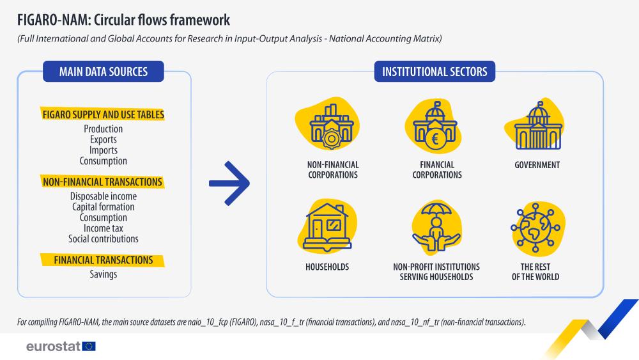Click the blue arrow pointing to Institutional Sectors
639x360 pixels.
[x=229, y=183]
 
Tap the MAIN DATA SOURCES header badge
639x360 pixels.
[x=104, y=72]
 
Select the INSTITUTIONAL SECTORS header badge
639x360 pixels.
[x=435, y=72]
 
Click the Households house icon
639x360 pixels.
[x=328, y=225]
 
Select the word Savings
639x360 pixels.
[x=104, y=274]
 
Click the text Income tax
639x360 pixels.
[x=104, y=228]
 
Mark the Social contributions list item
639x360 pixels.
[x=104, y=239]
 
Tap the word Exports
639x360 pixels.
[x=104, y=139]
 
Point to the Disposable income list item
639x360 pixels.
[x=104, y=196]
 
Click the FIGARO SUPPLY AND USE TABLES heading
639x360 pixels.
[x=103, y=115]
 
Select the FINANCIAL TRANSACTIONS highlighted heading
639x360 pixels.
[x=103, y=260]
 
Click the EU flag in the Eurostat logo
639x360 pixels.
[x=89, y=346]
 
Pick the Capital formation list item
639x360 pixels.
[x=104, y=207]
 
